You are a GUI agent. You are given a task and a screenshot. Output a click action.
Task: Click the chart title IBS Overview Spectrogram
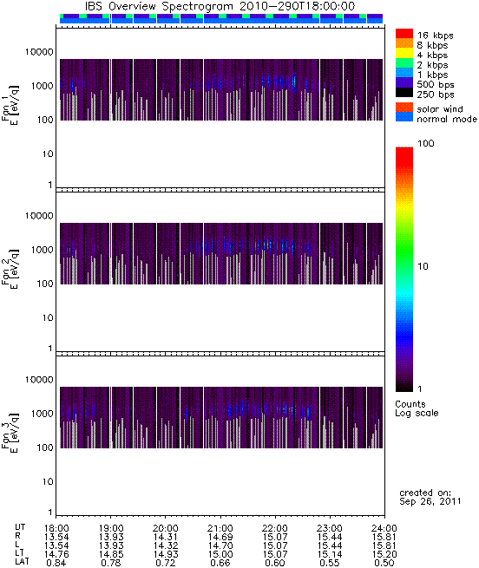click(159, 6)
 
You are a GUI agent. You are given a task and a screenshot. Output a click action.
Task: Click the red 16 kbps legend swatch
click(404, 33)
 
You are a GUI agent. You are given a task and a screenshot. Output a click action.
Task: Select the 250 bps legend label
click(435, 95)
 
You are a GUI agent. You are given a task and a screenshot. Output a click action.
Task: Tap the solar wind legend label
click(440, 109)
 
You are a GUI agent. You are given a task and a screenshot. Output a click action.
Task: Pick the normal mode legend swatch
click(404, 117)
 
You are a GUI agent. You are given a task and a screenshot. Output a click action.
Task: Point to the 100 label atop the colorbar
click(426, 143)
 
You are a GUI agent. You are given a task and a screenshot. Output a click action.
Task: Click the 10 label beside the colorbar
click(423, 266)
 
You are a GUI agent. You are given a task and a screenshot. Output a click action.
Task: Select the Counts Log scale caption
click(417, 408)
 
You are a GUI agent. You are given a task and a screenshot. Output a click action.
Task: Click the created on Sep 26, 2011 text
click(430, 497)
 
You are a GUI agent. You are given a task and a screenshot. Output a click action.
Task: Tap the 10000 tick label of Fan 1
click(39, 52)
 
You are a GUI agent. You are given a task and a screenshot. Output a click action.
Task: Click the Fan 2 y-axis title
click(10, 268)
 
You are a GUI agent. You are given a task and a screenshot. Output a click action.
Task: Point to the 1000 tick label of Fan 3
click(42, 414)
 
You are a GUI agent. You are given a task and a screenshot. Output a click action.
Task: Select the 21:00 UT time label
click(220, 528)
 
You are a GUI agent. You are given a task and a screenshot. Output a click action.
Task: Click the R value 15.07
click(275, 537)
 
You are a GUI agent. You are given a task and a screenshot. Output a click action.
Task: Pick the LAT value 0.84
click(56, 563)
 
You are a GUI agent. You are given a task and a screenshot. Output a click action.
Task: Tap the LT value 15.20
click(384, 554)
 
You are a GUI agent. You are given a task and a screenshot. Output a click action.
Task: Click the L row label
click(17, 545)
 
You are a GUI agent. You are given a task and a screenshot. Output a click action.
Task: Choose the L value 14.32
click(166, 545)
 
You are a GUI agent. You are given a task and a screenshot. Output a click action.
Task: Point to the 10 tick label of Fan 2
click(48, 318)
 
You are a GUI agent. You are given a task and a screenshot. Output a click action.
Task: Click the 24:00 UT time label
click(384, 528)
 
